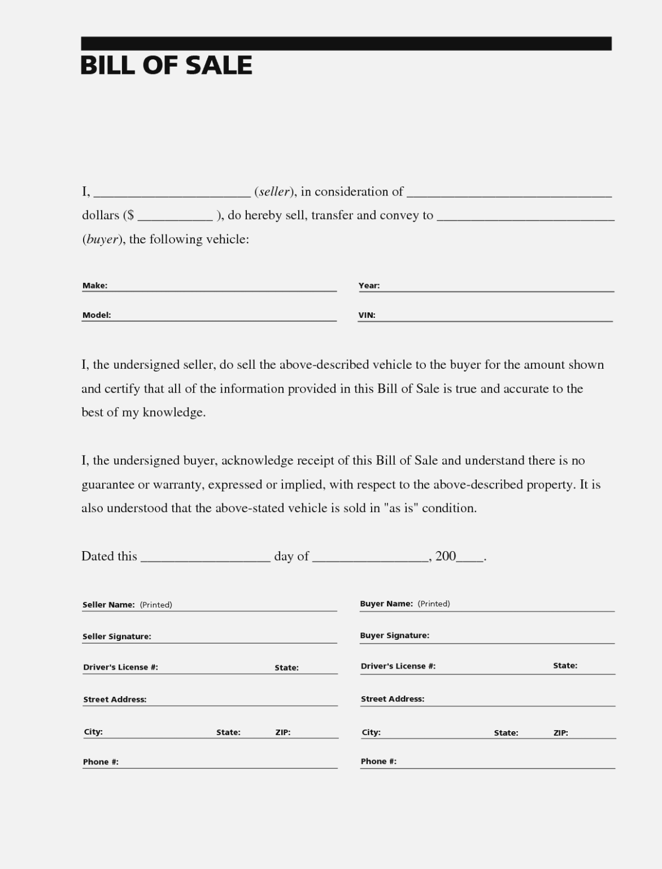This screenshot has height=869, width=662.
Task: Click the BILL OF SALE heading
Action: coord(166,65)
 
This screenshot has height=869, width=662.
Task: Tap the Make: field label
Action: coord(95,286)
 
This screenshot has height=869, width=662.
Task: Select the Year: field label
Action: coord(369,286)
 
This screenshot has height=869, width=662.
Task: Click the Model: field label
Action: coord(97,315)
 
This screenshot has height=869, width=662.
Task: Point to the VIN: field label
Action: coord(367,315)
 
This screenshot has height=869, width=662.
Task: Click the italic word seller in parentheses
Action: coord(275,192)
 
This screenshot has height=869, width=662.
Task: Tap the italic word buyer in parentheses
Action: coord(102,239)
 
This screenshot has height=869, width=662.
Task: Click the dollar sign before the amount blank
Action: coord(130,215)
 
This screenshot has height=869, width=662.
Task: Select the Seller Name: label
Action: coord(108,605)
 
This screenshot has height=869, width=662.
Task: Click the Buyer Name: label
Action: coord(386,604)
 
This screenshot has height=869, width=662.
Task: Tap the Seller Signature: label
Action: coord(117,636)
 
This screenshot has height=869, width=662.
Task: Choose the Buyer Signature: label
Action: coord(394,635)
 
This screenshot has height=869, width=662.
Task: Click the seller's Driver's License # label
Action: coord(120,667)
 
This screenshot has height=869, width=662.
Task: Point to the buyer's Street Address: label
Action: coord(393,699)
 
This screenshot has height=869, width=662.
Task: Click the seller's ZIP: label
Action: coord(283,732)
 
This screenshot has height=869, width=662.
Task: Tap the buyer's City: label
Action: coord(371,732)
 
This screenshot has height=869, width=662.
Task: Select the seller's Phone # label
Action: coord(101,762)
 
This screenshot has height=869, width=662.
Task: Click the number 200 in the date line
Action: coord(446,556)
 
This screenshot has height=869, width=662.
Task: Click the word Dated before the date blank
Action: coord(98,556)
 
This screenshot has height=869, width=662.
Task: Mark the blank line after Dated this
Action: coord(206,559)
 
